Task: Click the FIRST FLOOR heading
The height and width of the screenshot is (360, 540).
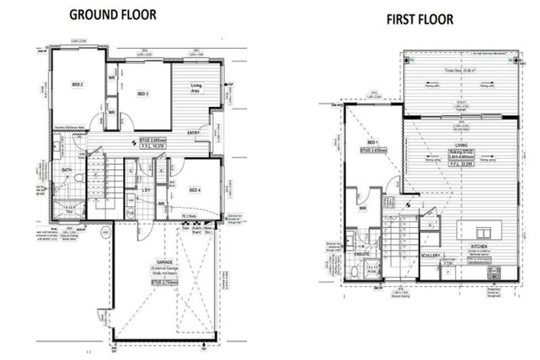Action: tap(419, 19)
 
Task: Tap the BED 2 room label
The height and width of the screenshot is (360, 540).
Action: tap(78, 85)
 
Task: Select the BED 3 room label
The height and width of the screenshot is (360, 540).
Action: tap(143, 94)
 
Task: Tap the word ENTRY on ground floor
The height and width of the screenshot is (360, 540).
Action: tap(194, 133)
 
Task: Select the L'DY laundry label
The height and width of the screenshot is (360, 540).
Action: tap(147, 191)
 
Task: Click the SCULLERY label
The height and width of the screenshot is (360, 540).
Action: tap(430, 256)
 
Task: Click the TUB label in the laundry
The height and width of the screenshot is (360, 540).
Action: tap(131, 212)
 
